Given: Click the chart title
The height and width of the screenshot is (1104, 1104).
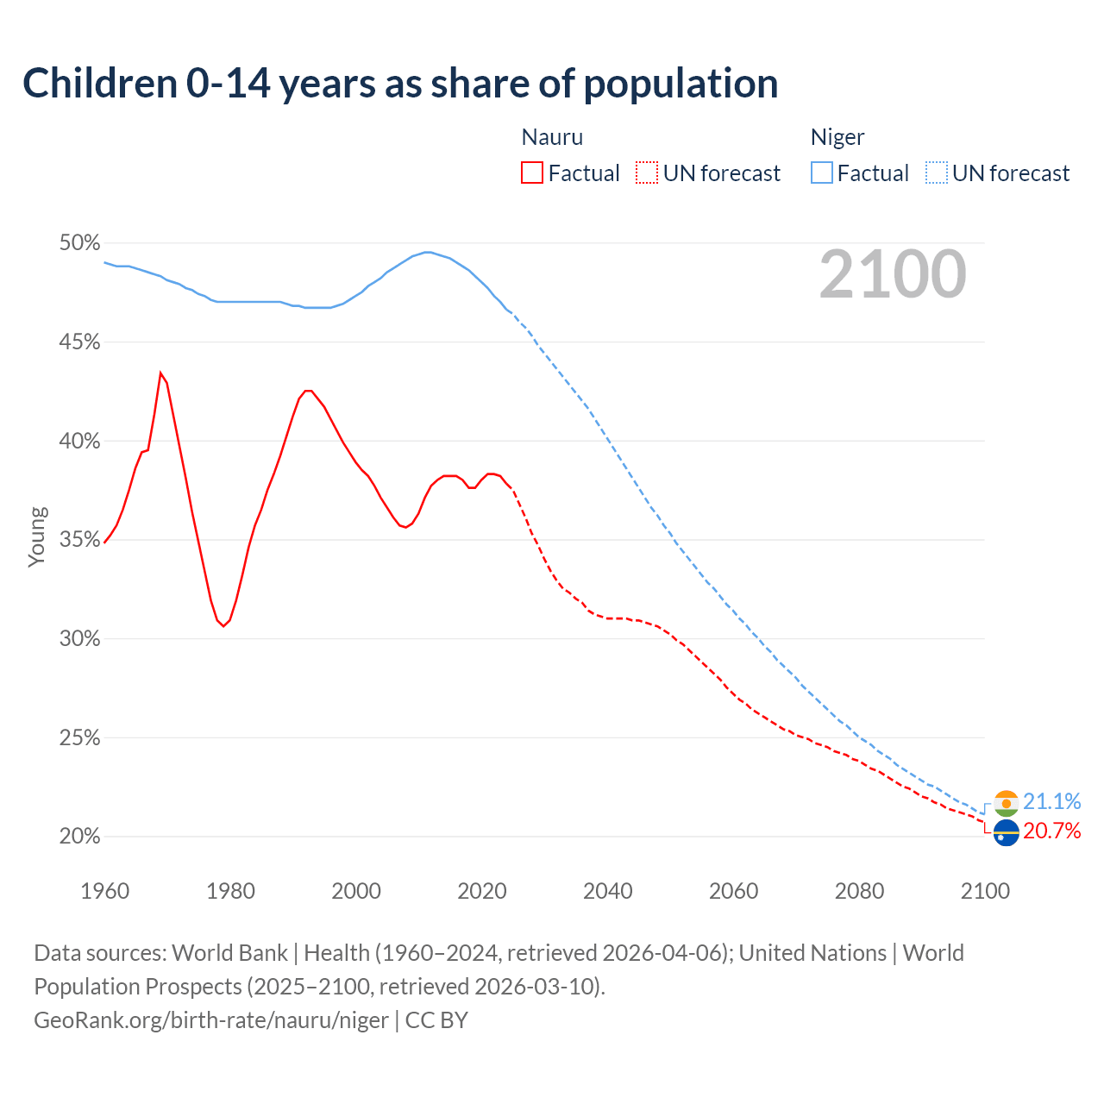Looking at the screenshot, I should click(x=400, y=84).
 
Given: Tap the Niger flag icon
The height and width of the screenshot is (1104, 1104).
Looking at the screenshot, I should click(x=1006, y=803).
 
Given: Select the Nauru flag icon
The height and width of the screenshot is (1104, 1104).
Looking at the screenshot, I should click(x=1006, y=833).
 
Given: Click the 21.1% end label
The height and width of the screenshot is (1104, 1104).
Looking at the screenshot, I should click(x=1051, y=802).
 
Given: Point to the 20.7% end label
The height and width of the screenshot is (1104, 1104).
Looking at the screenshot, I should click(x=1051, y=831).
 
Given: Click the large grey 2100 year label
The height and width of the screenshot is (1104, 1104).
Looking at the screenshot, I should click(x=892, y=274).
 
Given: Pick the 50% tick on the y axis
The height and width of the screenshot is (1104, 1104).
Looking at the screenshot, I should click(x=79, y=243).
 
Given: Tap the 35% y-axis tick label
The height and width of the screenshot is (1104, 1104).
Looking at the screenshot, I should click(x=79, y=540).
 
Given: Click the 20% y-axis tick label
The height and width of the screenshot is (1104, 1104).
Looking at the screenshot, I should click(x=79, y=837).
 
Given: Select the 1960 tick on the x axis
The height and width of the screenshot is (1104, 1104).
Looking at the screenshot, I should click(x=104, y=891).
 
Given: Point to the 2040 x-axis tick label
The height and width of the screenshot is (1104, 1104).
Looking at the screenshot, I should click(x=607, y=891).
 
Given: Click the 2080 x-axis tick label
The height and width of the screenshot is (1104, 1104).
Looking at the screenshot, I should click(x=859, y=891).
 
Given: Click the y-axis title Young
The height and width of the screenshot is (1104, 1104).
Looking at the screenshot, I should click(x=36, y=536).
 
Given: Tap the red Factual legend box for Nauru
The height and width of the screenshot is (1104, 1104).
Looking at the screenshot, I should click(x=532, y=173).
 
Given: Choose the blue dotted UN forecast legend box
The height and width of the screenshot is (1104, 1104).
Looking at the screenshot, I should click(x=937, y=173).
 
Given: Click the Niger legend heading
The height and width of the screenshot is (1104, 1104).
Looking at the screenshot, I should click(x=837, y=137).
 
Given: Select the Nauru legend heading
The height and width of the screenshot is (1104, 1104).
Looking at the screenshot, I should click(x=552, y=137).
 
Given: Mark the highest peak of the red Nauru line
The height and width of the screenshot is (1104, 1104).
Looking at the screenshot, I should click(x=160, y=373).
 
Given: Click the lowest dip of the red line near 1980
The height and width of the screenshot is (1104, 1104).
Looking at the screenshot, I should click(x=223, y=625).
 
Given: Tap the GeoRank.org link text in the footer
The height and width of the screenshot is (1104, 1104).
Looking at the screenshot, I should click(x=211, y=1020).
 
